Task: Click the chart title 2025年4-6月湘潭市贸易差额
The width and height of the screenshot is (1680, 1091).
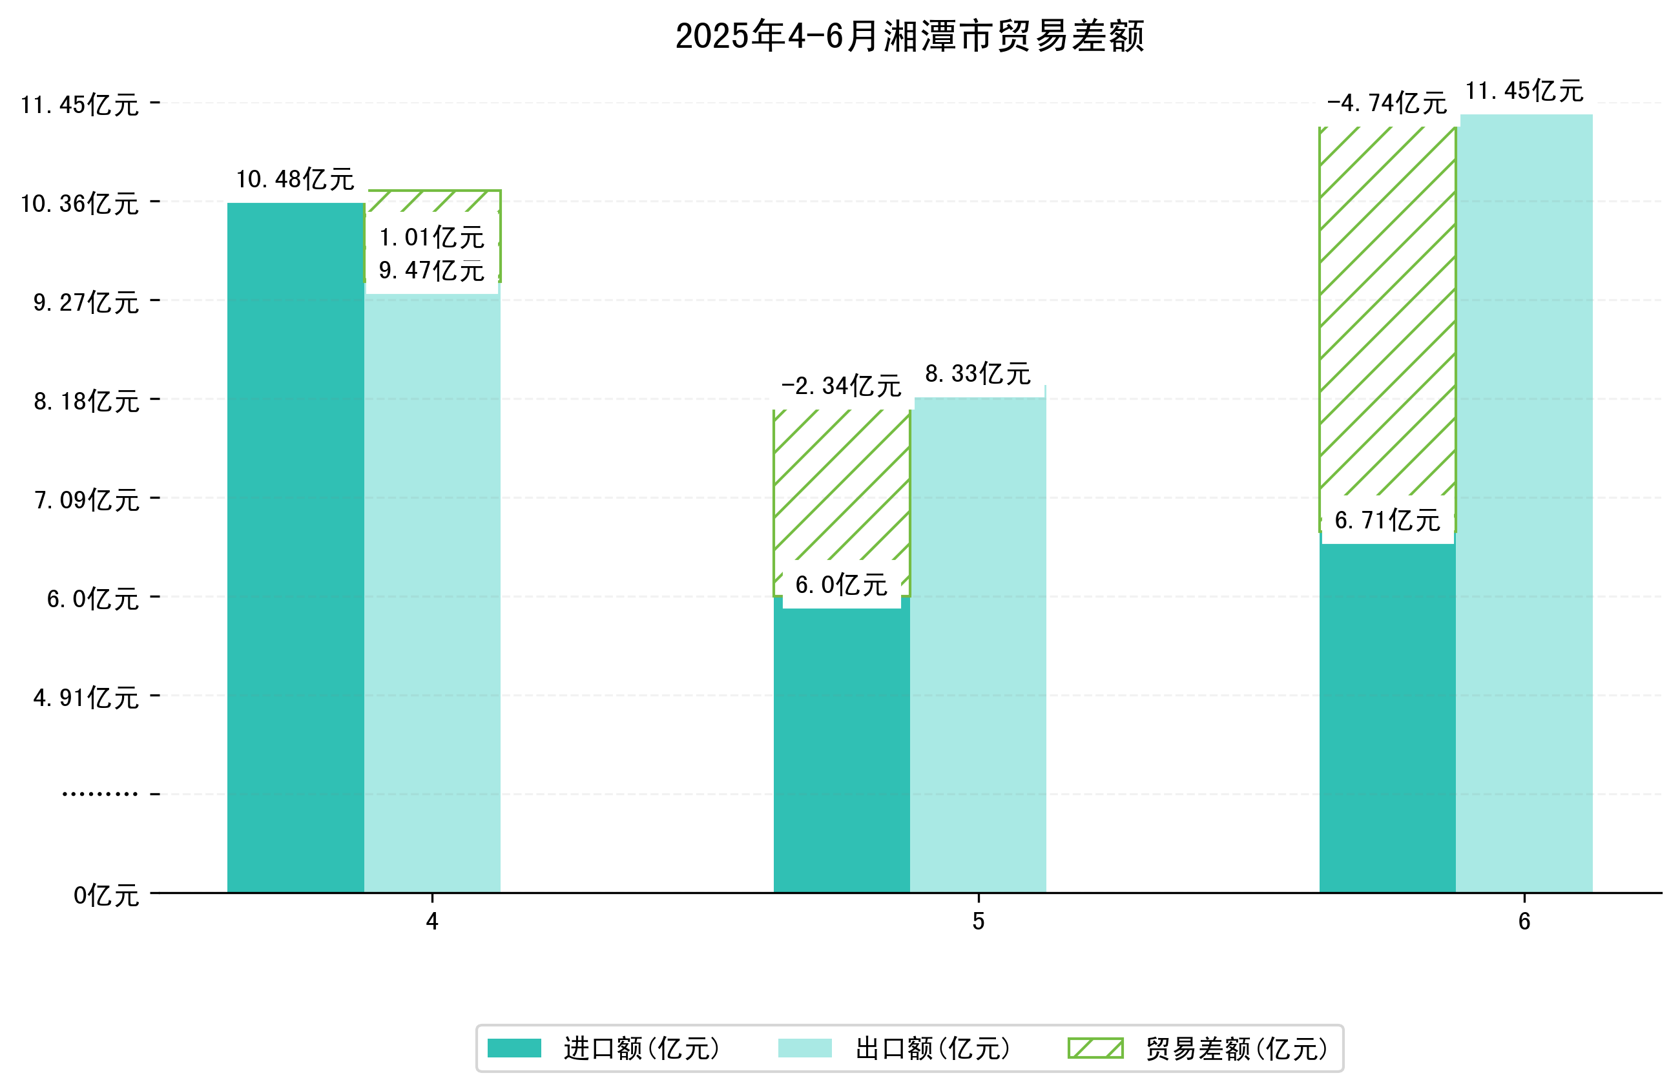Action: pos(909,36)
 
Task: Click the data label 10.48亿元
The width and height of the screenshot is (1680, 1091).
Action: pos(295,180)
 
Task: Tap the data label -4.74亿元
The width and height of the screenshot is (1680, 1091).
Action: pos(1386,104)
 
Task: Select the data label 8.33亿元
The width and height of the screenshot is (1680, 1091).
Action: pos(978,373)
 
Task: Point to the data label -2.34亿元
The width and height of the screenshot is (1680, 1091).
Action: pos(841,386)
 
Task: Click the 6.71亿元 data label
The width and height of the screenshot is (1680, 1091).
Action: pos(1387,521)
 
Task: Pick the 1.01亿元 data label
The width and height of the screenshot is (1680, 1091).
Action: pos(431,237)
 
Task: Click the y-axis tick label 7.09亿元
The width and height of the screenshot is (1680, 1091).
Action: pos(87,500)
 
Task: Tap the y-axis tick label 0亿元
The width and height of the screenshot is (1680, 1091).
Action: pos(106,895)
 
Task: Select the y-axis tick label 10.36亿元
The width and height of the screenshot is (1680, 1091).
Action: pos(79,203)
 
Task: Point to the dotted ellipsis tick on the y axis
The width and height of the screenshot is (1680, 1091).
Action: pos(99,795)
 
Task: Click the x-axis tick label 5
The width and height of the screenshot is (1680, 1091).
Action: pos(978,922)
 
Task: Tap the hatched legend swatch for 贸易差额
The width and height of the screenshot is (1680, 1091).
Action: pos(1095,1048)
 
